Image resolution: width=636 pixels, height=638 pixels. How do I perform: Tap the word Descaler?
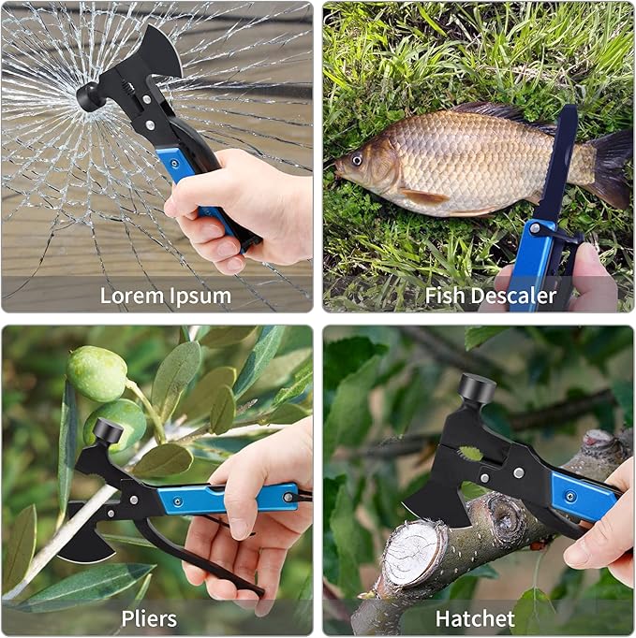tap(513, 296)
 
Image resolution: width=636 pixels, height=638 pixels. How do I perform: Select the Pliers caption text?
tap(149, 619)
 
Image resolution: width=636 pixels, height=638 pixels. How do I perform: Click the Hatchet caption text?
tap(475, 618)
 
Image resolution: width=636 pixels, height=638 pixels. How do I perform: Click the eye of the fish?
tap(357, 160)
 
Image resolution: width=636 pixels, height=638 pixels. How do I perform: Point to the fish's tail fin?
tap(610, 167)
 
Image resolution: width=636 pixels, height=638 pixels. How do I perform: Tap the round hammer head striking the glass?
tap(88, 97)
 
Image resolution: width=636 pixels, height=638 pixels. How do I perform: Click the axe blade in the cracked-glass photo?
tap(161, 51)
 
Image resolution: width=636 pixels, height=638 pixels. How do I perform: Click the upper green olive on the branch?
tap(97, 373)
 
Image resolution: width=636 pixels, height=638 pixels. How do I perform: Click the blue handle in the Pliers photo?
tap(229, 499)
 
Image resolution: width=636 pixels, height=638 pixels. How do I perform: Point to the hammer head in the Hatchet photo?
tap(477, 388)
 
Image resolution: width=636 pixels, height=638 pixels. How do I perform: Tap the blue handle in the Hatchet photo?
tap(583, 498)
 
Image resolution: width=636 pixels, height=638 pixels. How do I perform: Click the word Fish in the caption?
tap(445, 296)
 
